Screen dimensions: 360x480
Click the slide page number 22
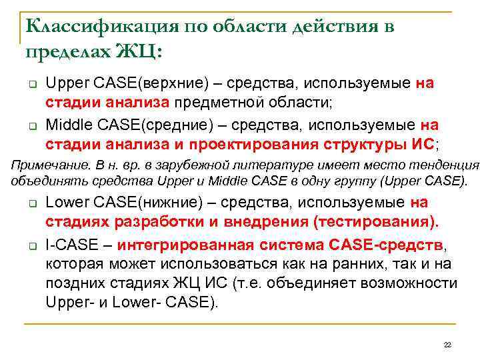(447, 344)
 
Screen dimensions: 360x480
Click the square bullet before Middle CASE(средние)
(31, 125)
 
